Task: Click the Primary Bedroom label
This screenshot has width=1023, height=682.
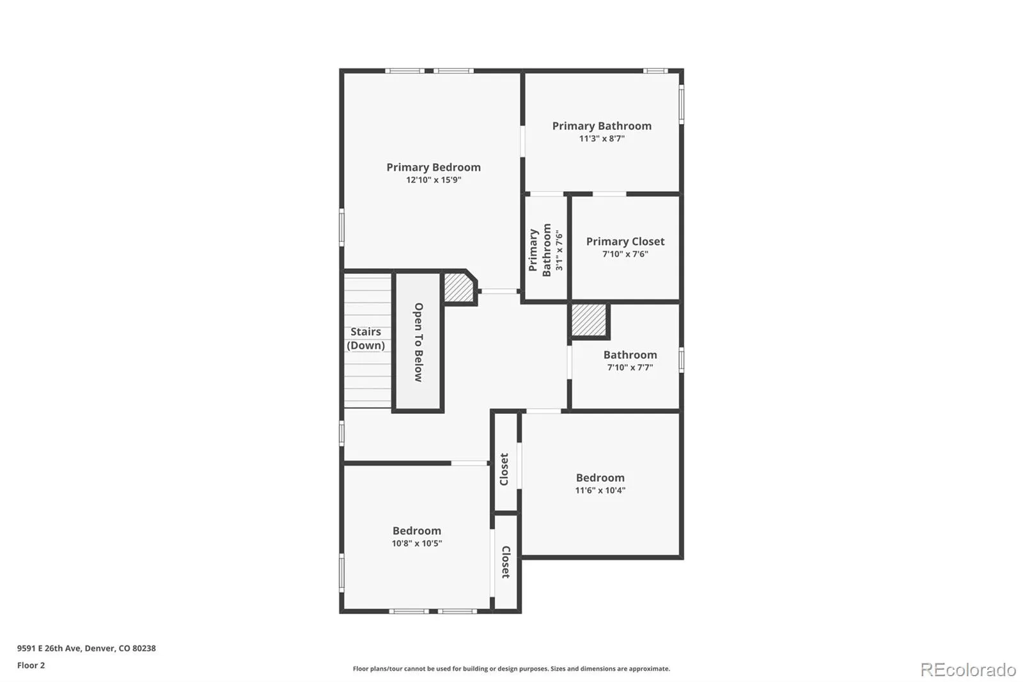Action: (433, 167)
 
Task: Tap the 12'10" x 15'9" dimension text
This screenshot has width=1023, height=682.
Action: (433, 180)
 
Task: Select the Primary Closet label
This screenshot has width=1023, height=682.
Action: (625, 241)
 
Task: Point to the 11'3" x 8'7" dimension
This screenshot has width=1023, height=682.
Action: (602, 138)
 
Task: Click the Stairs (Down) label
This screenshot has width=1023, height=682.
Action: (365, 338)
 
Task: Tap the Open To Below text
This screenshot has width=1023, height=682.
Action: (418, 342)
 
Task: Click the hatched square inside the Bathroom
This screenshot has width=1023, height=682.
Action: (589, 320)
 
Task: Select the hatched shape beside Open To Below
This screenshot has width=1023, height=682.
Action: (459, 288)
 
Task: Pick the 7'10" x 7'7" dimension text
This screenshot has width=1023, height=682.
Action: (630, 367)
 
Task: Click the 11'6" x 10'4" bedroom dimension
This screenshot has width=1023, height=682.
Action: (600, 490)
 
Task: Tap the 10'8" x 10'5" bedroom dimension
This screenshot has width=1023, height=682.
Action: (416, 543)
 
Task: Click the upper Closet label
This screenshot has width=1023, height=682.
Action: (504, 469)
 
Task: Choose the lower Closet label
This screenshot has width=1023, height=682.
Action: (506, 562)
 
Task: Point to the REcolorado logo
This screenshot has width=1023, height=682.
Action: (968, 670)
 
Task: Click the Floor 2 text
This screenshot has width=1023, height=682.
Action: (31, 665)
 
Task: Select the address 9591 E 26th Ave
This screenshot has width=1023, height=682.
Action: (49, 648)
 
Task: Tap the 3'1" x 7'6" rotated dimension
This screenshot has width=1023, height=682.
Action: (559, 250)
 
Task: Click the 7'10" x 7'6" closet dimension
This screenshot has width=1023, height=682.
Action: (625, 254)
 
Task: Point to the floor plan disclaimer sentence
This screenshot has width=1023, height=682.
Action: (511, 669)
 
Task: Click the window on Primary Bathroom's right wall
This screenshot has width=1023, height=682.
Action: (682, 104)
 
